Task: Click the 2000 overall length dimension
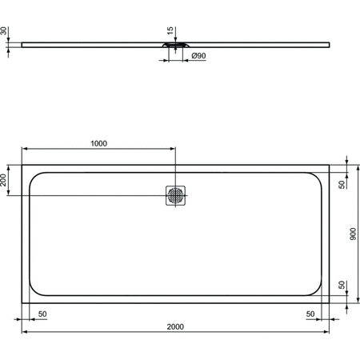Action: [176, 326]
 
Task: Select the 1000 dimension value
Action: [98, 144]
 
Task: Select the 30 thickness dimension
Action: [5, 31]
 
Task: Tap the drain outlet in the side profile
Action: [176, 46]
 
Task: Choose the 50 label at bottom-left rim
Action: [42, 314]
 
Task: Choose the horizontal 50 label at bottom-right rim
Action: [310, 314]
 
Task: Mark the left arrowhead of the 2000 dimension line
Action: [23, 331]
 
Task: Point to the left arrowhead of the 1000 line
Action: [23, 150]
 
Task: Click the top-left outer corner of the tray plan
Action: [22, 165]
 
